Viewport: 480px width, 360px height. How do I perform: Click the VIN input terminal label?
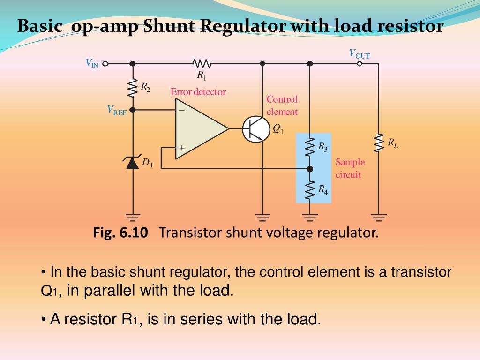coord(92,63)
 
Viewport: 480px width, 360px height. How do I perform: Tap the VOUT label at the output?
coord(360,54)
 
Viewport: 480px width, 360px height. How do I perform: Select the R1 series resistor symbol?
coord(202,63)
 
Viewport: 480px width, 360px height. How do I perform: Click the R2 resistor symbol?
coord(133,87)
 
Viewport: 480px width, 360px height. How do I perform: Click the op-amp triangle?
coord(199,128)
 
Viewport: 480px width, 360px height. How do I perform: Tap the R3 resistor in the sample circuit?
coord(309,147)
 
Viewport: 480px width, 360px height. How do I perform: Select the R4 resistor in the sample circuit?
coord(309,189)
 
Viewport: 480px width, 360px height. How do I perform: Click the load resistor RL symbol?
coord(378,143)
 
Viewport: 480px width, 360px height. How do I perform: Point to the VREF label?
coord(117,110)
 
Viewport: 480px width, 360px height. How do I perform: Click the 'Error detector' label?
coord(198,92)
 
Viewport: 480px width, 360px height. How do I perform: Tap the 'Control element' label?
coord(282,105)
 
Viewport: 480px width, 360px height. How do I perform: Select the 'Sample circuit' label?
coord(350,168)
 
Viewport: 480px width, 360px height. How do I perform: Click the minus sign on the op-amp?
coord(181,111)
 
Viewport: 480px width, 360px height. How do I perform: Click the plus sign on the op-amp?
coord(181,149)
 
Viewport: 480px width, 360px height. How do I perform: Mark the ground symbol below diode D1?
coord(133,217)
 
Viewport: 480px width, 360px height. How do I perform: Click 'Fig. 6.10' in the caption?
coord(120,232)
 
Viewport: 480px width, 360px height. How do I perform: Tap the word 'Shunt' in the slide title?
coord(169,26)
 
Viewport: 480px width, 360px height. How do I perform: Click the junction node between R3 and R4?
coord(309,168)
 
